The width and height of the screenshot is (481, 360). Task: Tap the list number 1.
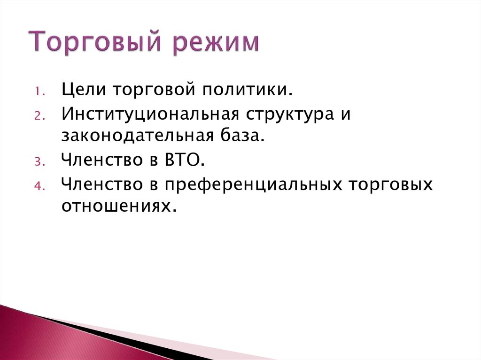pos(40,91)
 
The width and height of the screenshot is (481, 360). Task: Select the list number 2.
pos(40,115)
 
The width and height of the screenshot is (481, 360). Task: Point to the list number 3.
pos(40,161)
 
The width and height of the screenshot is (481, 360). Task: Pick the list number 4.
pos(40,185)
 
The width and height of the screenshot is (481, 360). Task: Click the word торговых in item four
pos(390,184)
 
